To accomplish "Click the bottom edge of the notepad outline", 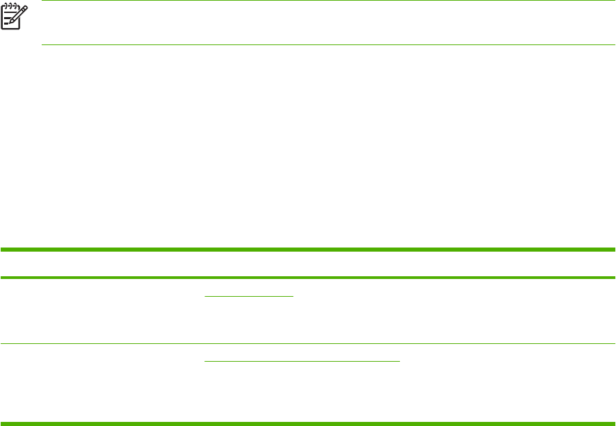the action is coord(10,28).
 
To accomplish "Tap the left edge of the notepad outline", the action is coord(1,17).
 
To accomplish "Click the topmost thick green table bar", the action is coord(308,250).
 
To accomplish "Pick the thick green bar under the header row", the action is coord(308,278).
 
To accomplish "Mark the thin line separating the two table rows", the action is coord(308,343).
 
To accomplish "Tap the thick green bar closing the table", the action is coord(308,423).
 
